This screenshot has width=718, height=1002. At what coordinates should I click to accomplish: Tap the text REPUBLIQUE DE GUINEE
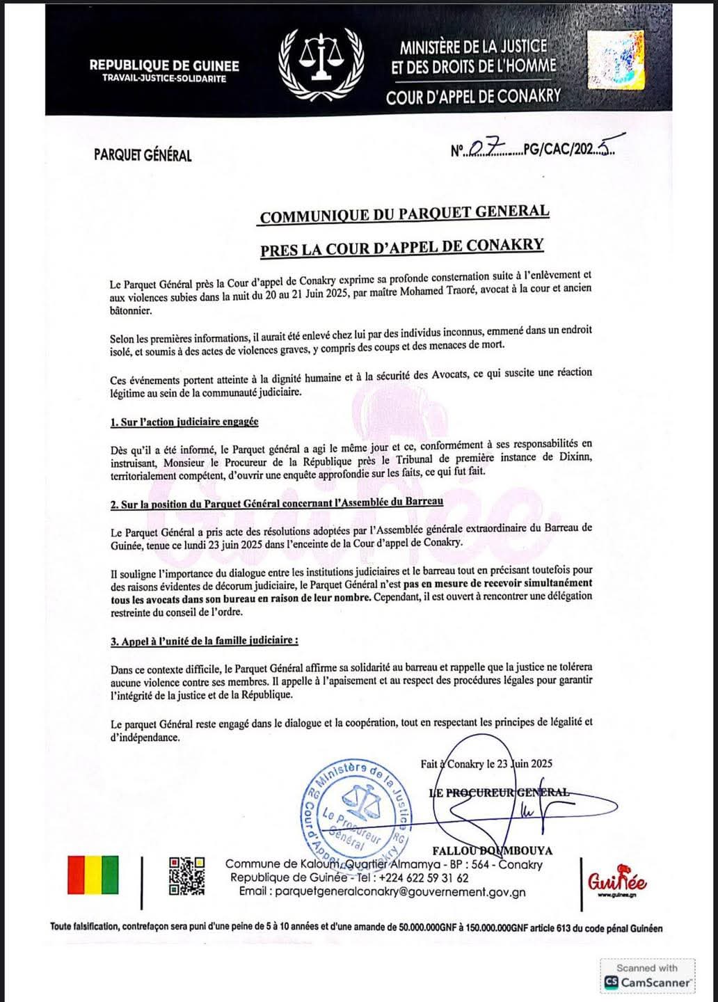[x=164, y=66]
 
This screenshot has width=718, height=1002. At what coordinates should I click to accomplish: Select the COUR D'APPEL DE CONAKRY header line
[x=473, y=97]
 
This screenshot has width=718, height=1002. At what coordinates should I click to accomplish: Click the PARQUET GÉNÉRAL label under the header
[x=143, y=155]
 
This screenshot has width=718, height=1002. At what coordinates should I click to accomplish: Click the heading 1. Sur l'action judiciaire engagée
[x=184, y=422]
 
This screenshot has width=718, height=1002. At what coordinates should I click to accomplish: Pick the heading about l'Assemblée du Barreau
[x=277, y=502]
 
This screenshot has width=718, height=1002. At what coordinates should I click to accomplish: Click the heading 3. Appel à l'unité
[x=205, y=641]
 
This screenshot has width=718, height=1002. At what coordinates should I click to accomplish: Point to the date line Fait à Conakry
[x=486, y=763]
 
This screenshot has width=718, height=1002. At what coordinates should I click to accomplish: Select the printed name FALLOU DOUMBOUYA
[x=492, y=850]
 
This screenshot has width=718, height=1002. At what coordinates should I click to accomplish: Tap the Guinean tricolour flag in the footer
[x=93, y=875]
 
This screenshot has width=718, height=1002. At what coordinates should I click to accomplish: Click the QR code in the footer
[x=188, y=875]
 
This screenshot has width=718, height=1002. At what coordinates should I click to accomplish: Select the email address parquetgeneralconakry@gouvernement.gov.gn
[x=382, y=892]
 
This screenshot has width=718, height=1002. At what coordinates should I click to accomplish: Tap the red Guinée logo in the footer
[x=616, y=882]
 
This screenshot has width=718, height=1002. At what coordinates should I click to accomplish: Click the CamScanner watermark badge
[x=647, y=976]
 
